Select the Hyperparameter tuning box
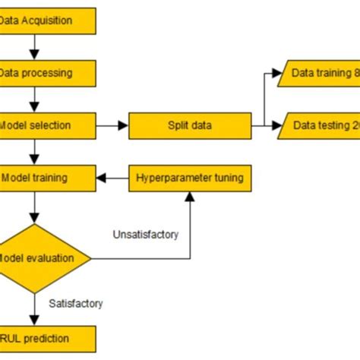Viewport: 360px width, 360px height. coord(190,178)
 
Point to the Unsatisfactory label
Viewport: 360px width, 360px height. coord(145,235)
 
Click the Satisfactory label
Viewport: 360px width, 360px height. coord(75,303)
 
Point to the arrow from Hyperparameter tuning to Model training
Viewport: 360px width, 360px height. coord(112,178)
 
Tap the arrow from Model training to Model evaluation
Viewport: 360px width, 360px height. coord(33,207)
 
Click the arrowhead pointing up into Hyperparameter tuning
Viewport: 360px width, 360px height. coord(189,197)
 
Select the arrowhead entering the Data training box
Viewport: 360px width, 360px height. coord(275,74)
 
